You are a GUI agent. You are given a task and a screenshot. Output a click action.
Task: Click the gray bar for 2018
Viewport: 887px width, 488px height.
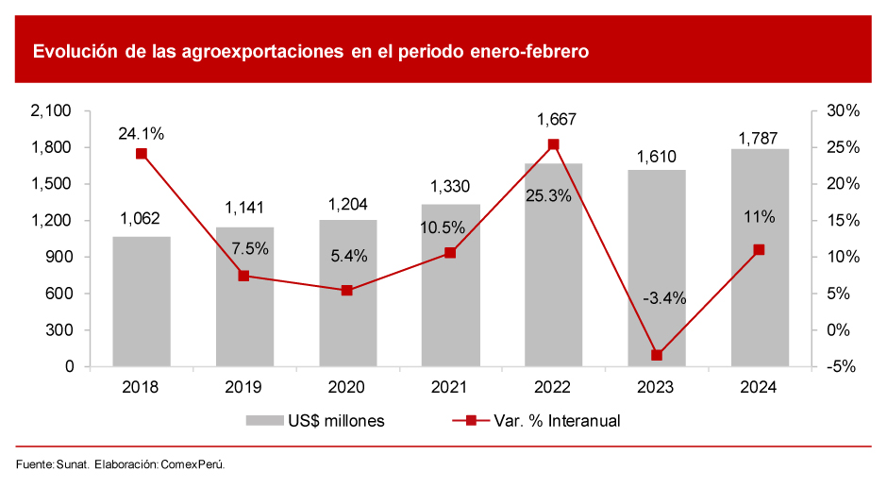(142, 302)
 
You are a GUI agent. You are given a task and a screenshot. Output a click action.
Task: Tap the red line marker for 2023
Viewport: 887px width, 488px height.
(657, 355)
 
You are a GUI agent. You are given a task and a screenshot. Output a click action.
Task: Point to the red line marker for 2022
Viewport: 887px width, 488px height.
(554, 144)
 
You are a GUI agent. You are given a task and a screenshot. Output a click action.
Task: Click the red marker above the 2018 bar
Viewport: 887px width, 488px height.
(142, 154)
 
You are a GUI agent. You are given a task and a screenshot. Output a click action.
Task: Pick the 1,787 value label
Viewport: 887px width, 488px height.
(759, 138)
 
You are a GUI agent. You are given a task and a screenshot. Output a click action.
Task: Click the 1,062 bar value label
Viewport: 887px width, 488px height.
(141, 220)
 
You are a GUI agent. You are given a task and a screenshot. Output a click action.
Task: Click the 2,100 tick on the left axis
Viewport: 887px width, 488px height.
(52, 111)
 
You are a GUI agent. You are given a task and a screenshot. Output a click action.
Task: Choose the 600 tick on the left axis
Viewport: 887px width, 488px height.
(59, 294)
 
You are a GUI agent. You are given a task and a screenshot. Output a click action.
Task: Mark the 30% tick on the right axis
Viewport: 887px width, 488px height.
(843, 111)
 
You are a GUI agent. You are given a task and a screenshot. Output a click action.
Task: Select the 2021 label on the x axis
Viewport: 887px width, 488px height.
(450, 388)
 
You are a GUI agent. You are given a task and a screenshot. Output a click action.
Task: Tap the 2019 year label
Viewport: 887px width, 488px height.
(244, 388)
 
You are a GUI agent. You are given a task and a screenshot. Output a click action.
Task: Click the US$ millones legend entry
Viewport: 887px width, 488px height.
(315, 421)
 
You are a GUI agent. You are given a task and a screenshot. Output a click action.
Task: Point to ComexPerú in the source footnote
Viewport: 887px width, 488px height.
(192, 464)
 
